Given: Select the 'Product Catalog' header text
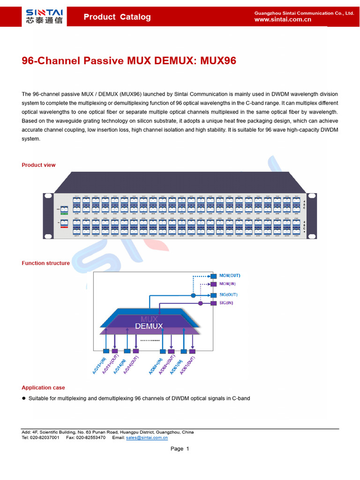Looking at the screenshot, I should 117,17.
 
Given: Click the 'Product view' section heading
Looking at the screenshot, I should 38,165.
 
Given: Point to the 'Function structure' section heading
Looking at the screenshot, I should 45,263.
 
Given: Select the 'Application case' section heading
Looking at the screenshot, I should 43,388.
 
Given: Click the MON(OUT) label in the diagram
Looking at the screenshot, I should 230,276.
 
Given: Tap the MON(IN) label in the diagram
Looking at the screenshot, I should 228,284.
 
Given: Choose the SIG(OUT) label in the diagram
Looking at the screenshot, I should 228,295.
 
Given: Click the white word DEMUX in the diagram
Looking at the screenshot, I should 149,326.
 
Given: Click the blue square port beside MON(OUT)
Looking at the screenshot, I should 214,276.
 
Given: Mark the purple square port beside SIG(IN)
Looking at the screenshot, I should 214,303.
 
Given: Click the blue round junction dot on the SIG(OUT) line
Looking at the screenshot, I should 193,295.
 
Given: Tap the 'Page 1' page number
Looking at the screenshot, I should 180,449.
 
